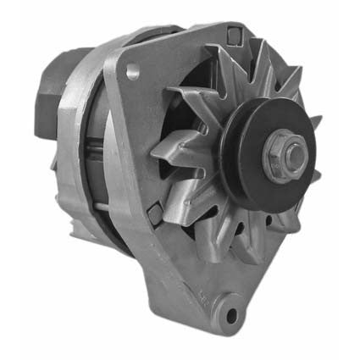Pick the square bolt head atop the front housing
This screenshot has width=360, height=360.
tap(232, 35)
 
